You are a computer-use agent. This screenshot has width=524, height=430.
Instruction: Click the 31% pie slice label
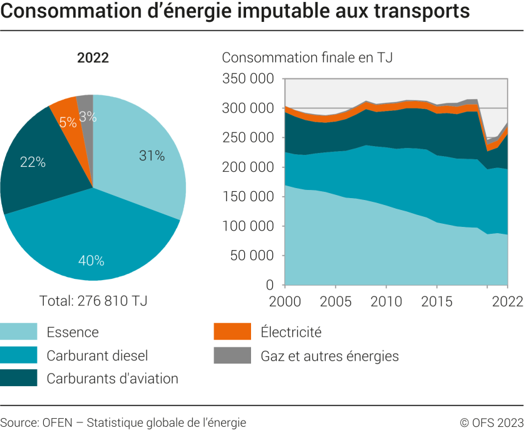click(x=152, y=156)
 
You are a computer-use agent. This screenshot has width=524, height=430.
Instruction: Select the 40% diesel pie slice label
click(x=91, y=260)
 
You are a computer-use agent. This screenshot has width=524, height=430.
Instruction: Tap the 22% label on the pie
click(x=33, y=162)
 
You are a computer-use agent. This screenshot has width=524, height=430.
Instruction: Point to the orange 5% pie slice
click(x=65, y=110)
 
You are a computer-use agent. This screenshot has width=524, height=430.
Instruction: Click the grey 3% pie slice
click(x=86, y=107)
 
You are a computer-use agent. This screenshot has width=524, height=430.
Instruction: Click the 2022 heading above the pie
click(x=93, y=58)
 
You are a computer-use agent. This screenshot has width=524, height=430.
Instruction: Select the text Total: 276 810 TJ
click(x=93, y=300)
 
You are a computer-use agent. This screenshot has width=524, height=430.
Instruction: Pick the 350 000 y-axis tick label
click(x=249, y=79)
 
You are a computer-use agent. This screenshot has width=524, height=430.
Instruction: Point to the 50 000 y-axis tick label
click(x=252, y=256)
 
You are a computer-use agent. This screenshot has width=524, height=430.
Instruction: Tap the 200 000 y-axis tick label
click(x=249, y=167)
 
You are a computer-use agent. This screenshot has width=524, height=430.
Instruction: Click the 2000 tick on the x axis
click(x=285, y=301)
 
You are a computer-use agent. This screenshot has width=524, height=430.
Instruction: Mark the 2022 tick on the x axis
click(x=507, y=301)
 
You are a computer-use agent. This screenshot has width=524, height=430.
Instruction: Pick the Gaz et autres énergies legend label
click(x=329, y=356)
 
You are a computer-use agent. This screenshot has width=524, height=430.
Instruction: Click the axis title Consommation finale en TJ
click(x=307, y=58)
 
